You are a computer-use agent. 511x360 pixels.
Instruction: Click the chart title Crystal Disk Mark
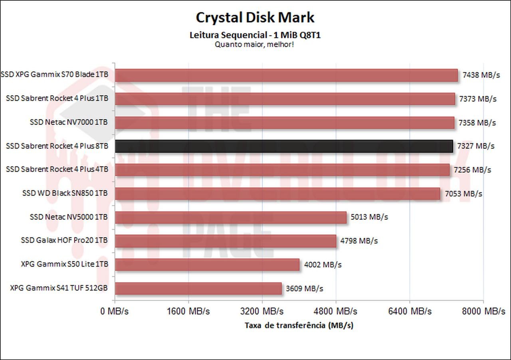255,18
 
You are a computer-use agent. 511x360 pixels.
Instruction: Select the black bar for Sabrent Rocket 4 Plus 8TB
284,146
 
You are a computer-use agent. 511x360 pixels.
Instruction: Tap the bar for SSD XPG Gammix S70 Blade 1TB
286,75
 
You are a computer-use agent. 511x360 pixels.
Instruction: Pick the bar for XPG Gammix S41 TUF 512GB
198,289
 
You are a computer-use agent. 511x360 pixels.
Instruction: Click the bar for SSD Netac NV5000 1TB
231,218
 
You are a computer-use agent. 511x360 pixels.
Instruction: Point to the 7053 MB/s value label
463,194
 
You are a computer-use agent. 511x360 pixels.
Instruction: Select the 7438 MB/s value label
481,75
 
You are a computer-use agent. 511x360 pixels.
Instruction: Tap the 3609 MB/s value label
305,289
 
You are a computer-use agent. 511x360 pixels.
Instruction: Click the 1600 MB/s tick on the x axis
189,311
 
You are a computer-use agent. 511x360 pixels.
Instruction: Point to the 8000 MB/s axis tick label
483,311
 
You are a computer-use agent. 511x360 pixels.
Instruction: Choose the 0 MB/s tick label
115,311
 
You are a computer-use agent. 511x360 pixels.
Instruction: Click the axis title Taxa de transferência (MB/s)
299,325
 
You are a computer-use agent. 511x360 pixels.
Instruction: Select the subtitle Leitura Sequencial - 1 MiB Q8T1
255,35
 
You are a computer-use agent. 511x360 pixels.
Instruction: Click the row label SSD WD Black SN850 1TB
65,194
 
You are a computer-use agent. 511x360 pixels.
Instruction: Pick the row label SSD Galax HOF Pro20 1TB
64,241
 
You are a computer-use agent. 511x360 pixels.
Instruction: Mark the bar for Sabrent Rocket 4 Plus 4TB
282,170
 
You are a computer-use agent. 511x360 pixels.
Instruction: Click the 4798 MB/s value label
359,241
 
